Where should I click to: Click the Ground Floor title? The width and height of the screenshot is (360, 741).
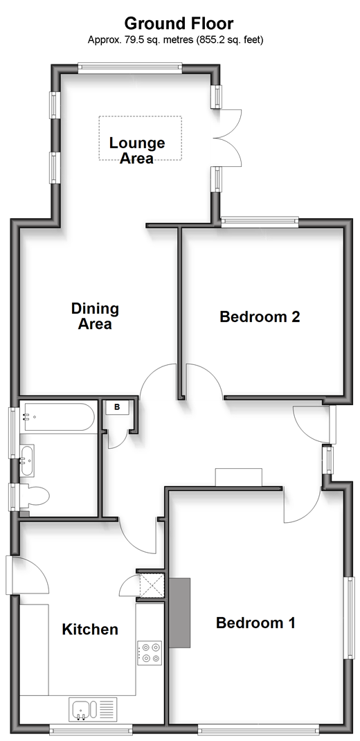tap(179, 23)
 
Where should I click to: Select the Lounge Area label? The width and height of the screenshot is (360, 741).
tap(137, 150)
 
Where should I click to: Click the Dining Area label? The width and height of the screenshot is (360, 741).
tap(95, 316)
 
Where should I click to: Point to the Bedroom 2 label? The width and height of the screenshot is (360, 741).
tap(260, 316)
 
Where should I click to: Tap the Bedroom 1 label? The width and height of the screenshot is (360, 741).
tap(255, 623)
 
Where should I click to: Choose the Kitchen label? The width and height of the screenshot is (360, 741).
tap(90, 629)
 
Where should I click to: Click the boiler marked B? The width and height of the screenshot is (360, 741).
tap(117, 407)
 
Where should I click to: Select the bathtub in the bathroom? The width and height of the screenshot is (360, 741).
tap(57, 417)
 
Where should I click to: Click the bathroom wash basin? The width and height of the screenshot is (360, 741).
tap(27, 460)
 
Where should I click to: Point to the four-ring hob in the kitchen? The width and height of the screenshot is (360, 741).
tap(150, 652)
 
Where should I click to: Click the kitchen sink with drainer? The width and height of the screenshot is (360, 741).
tap(92, 710)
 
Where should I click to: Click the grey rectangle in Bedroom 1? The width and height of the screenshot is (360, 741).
tap(180, 612)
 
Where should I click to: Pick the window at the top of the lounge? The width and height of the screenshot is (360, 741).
tap(130, 68)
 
